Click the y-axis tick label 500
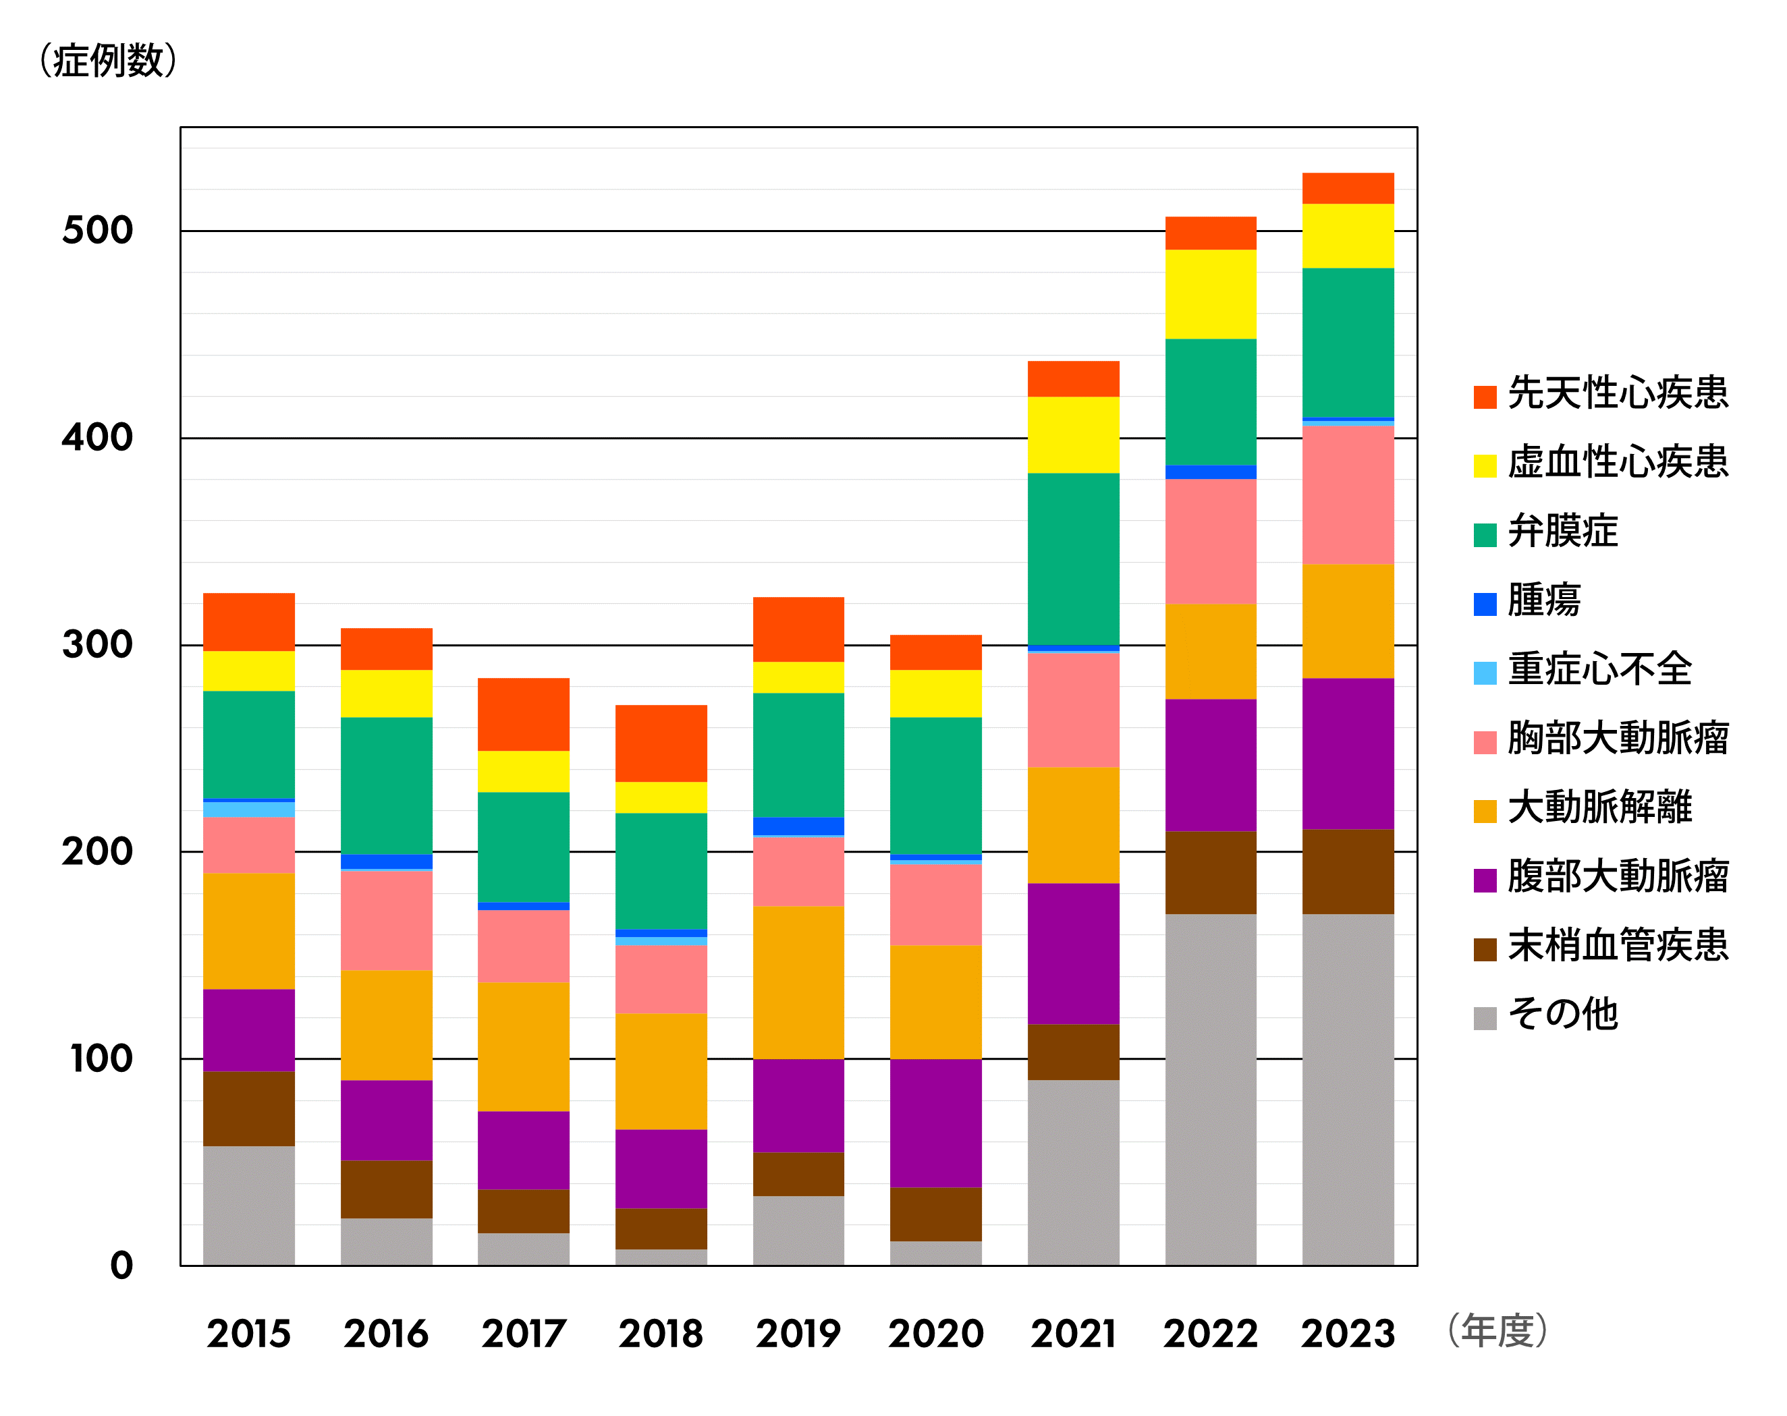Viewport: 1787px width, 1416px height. click(98, 230)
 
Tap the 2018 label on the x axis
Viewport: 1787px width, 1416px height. click(661, 1334)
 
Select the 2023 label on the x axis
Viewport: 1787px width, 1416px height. click(1348, 1334)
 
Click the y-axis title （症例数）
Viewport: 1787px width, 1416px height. click(108, 61)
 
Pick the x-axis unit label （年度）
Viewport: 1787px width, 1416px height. click(1496, 1330)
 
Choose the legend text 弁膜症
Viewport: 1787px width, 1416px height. click(1562, 531)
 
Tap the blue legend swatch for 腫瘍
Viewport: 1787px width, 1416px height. click(1485, 604)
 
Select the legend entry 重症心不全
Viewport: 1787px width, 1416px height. click(1599, 669)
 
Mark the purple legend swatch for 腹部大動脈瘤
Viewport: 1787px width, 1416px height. click(1485, 880)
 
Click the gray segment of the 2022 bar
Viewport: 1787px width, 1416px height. click(1210, 1089)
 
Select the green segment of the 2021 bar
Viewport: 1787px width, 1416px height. click(1074, 559)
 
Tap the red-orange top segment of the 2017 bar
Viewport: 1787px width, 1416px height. click(523, 714)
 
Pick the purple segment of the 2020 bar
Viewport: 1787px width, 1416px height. click(936, 1123)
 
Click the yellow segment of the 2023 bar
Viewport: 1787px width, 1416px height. click(1348, 236)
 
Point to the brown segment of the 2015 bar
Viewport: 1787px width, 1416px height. click(248, 1108)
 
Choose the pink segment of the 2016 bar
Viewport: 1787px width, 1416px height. click(386, 919)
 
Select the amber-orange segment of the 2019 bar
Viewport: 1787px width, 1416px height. click(798, 982)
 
